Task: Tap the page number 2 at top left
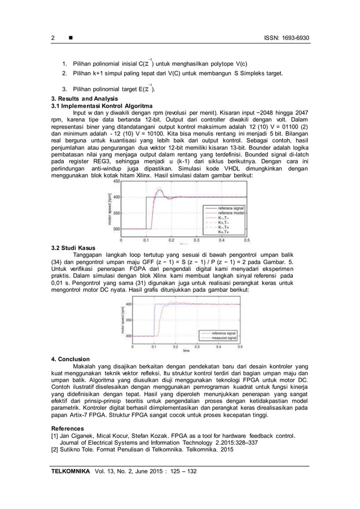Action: pos(52,38)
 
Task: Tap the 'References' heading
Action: pos(66,428)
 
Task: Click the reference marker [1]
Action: pos(55,436)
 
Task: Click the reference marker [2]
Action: pos(55,450)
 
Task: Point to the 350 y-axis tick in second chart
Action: pos(128,319)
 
